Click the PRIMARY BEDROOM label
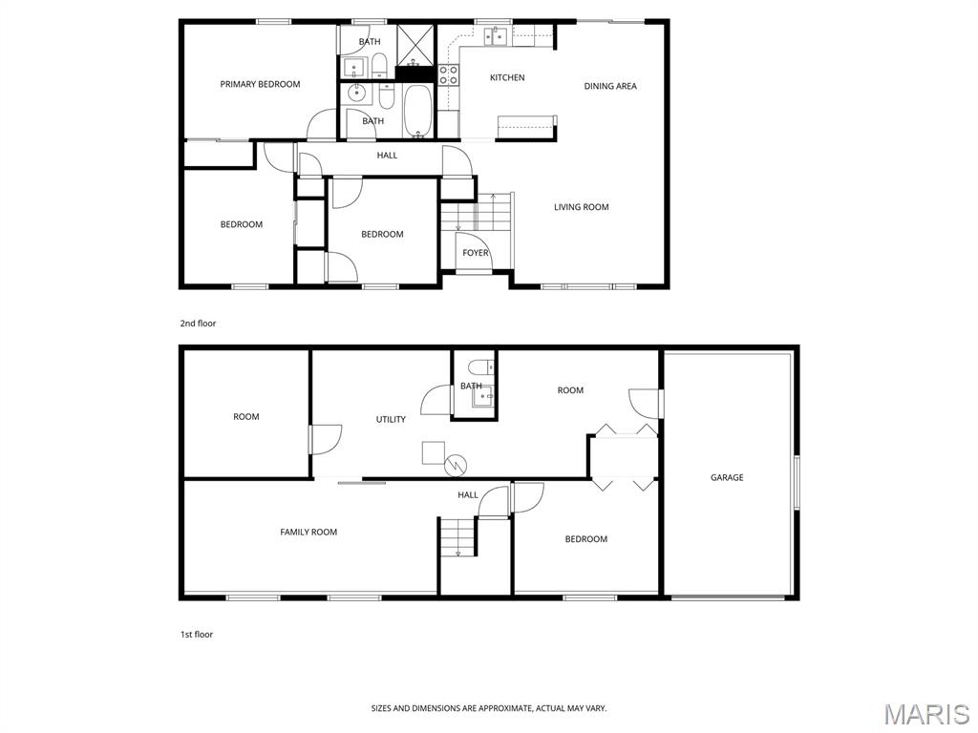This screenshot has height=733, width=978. coord(260,84)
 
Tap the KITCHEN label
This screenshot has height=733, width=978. coord(507,78)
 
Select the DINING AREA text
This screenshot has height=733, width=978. coord(610,86)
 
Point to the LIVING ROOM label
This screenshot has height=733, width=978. coord(582,207)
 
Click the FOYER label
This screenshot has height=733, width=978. coord(476,252)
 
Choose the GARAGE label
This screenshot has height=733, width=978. coord(727,477)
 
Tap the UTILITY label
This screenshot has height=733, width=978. coord(391,420)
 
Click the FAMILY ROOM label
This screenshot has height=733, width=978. coord(308,532)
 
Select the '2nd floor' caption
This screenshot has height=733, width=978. coord(198,323)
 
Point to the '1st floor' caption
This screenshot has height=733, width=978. coord(197,634)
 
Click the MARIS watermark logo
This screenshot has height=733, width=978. coord(926,714)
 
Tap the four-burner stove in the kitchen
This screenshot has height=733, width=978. coord(448,74)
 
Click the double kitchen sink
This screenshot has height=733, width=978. coord(497,36)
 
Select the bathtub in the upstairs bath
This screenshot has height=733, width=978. coord(417,111)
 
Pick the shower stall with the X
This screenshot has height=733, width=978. coord(415,45)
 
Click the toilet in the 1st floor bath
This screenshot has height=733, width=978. coord(481,366)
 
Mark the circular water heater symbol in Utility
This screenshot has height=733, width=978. coord(456,464)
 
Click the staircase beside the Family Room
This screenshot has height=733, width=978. coord(457,536)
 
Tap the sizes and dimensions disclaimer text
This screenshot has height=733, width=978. coord(489,708)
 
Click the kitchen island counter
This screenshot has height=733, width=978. coord(526,126)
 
